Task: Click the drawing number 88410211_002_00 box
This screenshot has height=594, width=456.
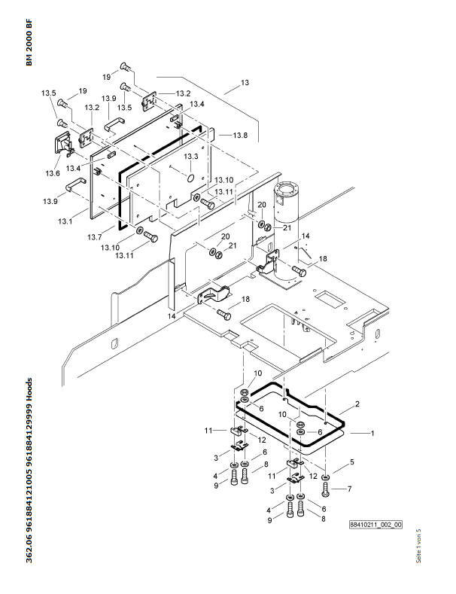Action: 375,525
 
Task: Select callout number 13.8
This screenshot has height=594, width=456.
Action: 219,135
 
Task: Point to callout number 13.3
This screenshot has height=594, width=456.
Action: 191,156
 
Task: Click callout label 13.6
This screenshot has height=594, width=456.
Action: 52,174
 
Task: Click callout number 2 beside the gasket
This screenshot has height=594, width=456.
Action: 357,404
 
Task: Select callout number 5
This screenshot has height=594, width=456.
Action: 351,461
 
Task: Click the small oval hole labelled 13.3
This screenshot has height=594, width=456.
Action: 190,178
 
